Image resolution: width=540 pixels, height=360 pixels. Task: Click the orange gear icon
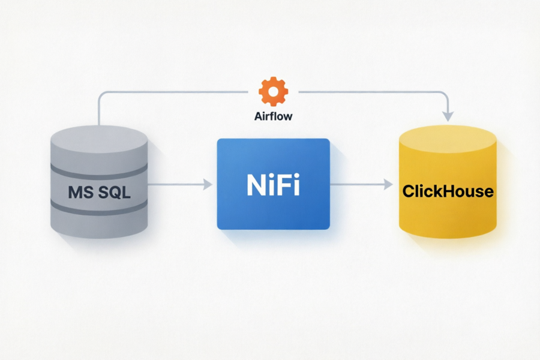click(x=274, y=91)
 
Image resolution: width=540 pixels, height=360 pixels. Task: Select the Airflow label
click(x=274, y=116)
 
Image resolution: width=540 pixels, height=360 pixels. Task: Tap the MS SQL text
click(x=99, y=192)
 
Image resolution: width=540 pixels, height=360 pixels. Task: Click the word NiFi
click(x=273, y=185)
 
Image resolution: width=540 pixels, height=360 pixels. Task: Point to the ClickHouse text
click(x=448, y=191)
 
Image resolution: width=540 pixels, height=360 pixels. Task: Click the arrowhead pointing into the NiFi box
click(x=208, y=184)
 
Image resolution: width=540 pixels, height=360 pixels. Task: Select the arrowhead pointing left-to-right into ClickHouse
click(x=388, y=184)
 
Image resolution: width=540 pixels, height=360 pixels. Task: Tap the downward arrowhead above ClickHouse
click(x=448, y=116)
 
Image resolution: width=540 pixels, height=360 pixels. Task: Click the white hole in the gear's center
click(x=274, y=92)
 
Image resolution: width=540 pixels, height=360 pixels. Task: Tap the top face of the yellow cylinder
click(x=448, y=139)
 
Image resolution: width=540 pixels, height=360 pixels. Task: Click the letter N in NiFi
click(x=256, y=185)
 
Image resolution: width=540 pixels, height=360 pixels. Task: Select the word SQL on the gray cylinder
click(x=115, y=192)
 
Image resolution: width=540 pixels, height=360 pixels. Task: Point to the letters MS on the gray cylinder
click(x=80, y=192)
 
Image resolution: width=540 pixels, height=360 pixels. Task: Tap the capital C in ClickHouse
click(x=409, y=191)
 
